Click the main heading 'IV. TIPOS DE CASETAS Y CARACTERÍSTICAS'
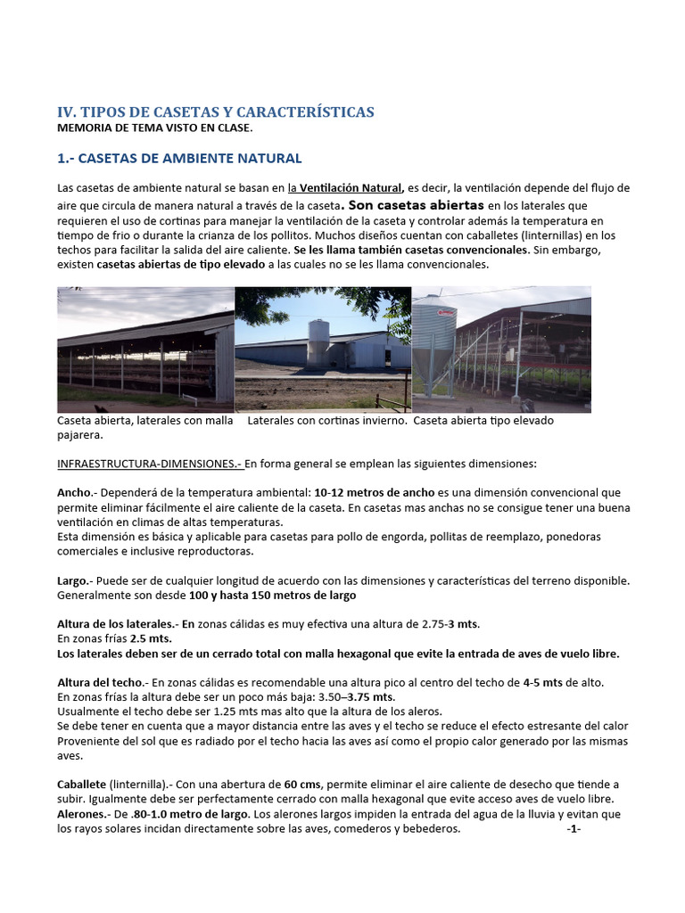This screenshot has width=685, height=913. [216, 111]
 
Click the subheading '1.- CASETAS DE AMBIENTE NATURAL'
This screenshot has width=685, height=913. [179, 159]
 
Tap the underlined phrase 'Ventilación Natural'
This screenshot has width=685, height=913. [351, 188]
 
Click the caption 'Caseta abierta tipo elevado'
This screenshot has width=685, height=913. [484, 420]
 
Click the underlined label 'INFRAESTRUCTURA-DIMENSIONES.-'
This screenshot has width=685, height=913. [150, 464]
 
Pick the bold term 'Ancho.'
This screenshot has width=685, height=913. [74, 492]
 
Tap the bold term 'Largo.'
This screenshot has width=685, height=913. [74, 580]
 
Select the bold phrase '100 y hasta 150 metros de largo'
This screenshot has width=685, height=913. [255, 595]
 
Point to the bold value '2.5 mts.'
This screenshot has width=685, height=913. [149, 638]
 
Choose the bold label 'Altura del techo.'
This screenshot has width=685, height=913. [98, 682]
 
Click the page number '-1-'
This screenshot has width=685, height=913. [574, 828]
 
